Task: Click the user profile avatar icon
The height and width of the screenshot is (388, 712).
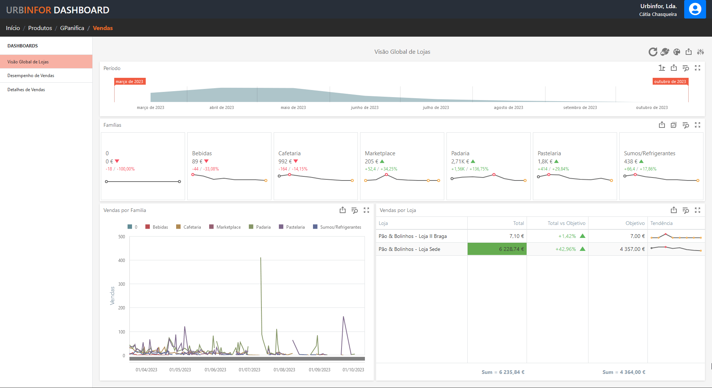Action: click(x=695, y=9)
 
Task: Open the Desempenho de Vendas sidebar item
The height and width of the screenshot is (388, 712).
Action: click(x=31, y=76)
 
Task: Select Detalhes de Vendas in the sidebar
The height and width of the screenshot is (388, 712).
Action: click(x=26, y=90)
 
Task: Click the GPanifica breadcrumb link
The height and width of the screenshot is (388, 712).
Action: click(x=72, y=28)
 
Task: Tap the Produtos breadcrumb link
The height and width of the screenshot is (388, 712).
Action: click(x=40, y=28)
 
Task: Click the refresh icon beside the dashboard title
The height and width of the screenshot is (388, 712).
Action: click(x=653, y=52)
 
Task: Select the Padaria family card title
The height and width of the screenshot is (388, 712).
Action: click(x=460, y=153)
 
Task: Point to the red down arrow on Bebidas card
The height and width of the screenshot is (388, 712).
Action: click(x=207, y=161)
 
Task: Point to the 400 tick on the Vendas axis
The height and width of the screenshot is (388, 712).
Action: click(x=122, y=261)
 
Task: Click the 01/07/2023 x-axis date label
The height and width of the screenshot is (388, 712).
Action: click(x=249, y=370)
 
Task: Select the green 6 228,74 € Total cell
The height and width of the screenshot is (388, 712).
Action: click(x=497, y=249)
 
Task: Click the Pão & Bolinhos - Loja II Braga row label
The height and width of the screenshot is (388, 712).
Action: click(x=412, y=236)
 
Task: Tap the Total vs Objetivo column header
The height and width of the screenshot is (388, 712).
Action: click(x=566, y=223)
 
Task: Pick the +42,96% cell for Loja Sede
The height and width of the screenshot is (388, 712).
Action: click(x=566, y=249)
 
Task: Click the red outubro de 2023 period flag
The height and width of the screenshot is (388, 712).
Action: click(x=670, y=82)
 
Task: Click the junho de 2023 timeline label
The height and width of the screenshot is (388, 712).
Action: click(x=365, y=107)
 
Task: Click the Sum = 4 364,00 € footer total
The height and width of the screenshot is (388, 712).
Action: click(x=624, y=372)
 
